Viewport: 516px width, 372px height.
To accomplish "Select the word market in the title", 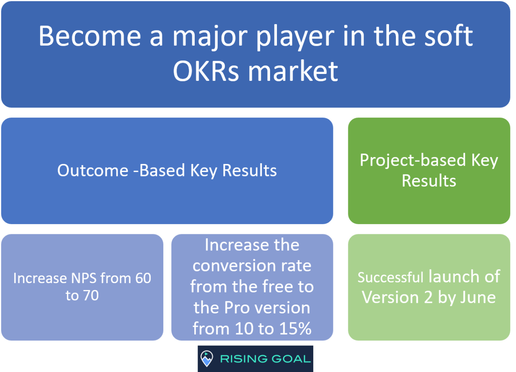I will [x=293, y=71].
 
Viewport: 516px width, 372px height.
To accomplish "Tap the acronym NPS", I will [x=83, y=278].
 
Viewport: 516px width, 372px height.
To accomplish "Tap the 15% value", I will [x=294, y=329].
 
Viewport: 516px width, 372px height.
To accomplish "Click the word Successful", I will [x=390, y=277].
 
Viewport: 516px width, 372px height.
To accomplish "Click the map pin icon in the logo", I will [x=207, y=358].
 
